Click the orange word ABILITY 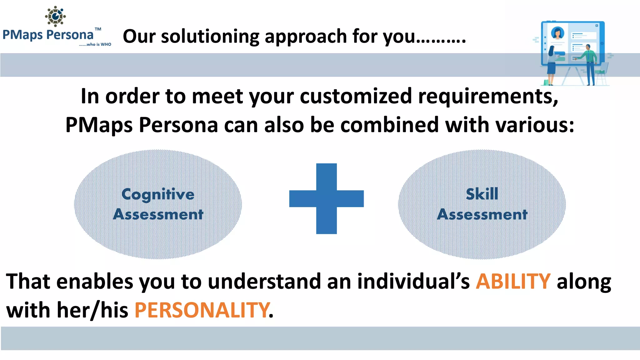pos(513,281)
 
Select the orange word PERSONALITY pos(202,310)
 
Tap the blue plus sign pos(326,199)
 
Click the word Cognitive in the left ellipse pos(158,194)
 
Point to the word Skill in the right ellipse pos(482,194)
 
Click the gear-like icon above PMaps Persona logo pos(55,16)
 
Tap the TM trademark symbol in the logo pos(98,29)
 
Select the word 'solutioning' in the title pos(210,36)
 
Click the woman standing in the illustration pos(551,64)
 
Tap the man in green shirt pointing pos(589,62)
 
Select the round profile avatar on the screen pos(557,33)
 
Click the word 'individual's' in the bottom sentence pos(413,281)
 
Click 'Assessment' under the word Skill pos(482,214)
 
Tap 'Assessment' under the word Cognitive pos(158,214)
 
